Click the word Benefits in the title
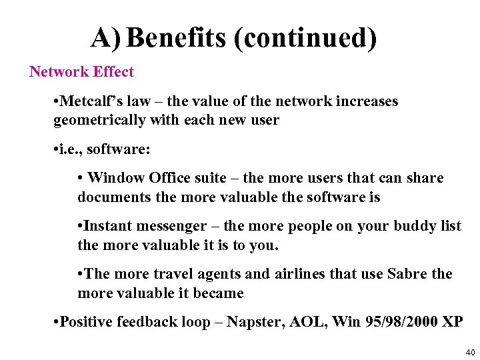[x=177, y=38]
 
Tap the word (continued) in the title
[x=305, y=39]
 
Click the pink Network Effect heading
[x=81, y=72]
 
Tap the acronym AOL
[x=308, y=322]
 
